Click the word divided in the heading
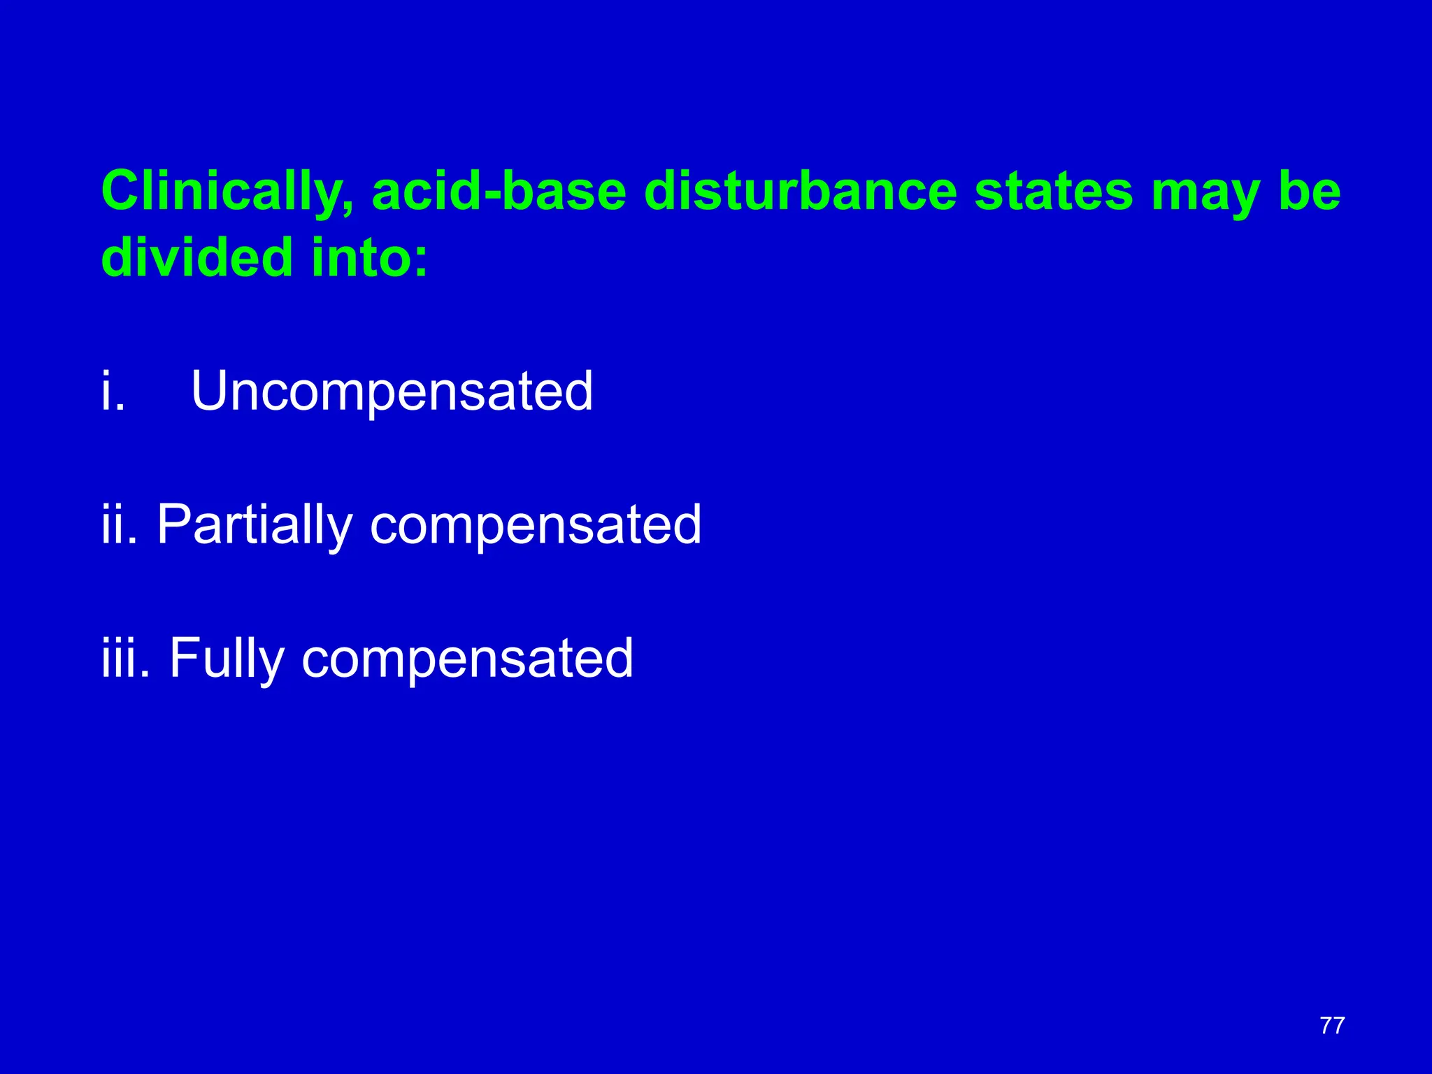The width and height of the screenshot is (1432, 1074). click(196, 257)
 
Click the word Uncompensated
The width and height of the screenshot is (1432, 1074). click(392, 392)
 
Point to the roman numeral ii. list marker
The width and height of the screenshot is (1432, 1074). click(118, 524)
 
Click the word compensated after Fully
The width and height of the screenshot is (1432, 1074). click(467, 659)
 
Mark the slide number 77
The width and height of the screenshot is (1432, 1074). click(1332, 1026)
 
